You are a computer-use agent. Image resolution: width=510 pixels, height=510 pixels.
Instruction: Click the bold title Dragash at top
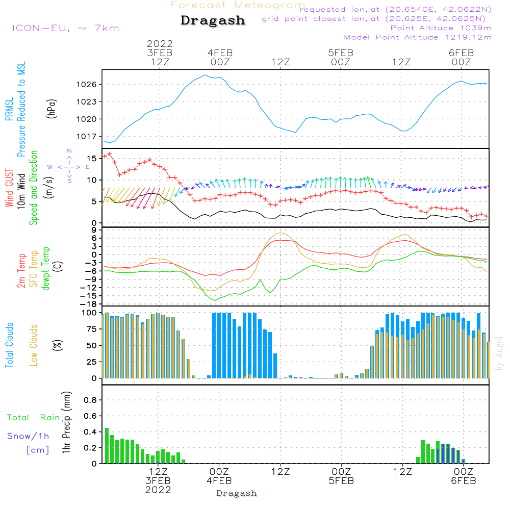click(x=213, y=20)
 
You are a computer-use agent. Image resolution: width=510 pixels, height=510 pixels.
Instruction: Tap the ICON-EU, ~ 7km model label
click(x=66, y=28)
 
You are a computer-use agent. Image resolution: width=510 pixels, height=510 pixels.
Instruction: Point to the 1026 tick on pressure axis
click(x=87, y=85)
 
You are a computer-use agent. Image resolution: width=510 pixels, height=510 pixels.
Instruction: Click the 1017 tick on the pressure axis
click(x=87, y=137)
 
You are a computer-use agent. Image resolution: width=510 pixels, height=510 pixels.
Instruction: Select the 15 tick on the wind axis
click(x=92, y=159)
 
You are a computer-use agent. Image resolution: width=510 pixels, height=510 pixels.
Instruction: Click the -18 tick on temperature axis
click(x=88, y=304)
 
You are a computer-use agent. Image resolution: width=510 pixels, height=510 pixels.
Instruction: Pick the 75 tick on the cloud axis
click(x=91, y=329)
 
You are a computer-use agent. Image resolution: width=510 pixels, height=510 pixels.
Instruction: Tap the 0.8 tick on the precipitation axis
click(x=90, y=400)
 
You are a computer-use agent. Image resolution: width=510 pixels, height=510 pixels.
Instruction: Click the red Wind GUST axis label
click(x=9, y=188)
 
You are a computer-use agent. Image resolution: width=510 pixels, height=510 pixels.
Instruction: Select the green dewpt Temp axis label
click(x=45, y=268)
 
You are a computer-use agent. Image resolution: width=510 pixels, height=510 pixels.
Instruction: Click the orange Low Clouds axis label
click(x=34, y=345)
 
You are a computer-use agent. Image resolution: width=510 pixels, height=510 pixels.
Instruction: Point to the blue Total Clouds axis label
click(x=9, y=345)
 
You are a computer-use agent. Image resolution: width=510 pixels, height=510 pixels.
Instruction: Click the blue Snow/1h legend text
click(x=28, y=436)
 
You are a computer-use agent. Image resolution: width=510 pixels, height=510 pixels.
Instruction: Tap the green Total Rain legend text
click(x=34, y=418)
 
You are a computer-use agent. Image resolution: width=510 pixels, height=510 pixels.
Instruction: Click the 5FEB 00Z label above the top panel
click(x=341, y=57)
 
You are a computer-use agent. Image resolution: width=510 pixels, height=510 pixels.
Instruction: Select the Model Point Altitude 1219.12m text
click(x=418, y=37)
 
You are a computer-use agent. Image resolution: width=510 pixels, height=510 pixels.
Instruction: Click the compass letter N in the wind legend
click(x=69, y=151)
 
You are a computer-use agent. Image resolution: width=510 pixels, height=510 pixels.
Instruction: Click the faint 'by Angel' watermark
click(x=499, y=353)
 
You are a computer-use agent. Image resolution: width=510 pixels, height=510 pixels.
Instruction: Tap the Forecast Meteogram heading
click(x=238, y=5)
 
